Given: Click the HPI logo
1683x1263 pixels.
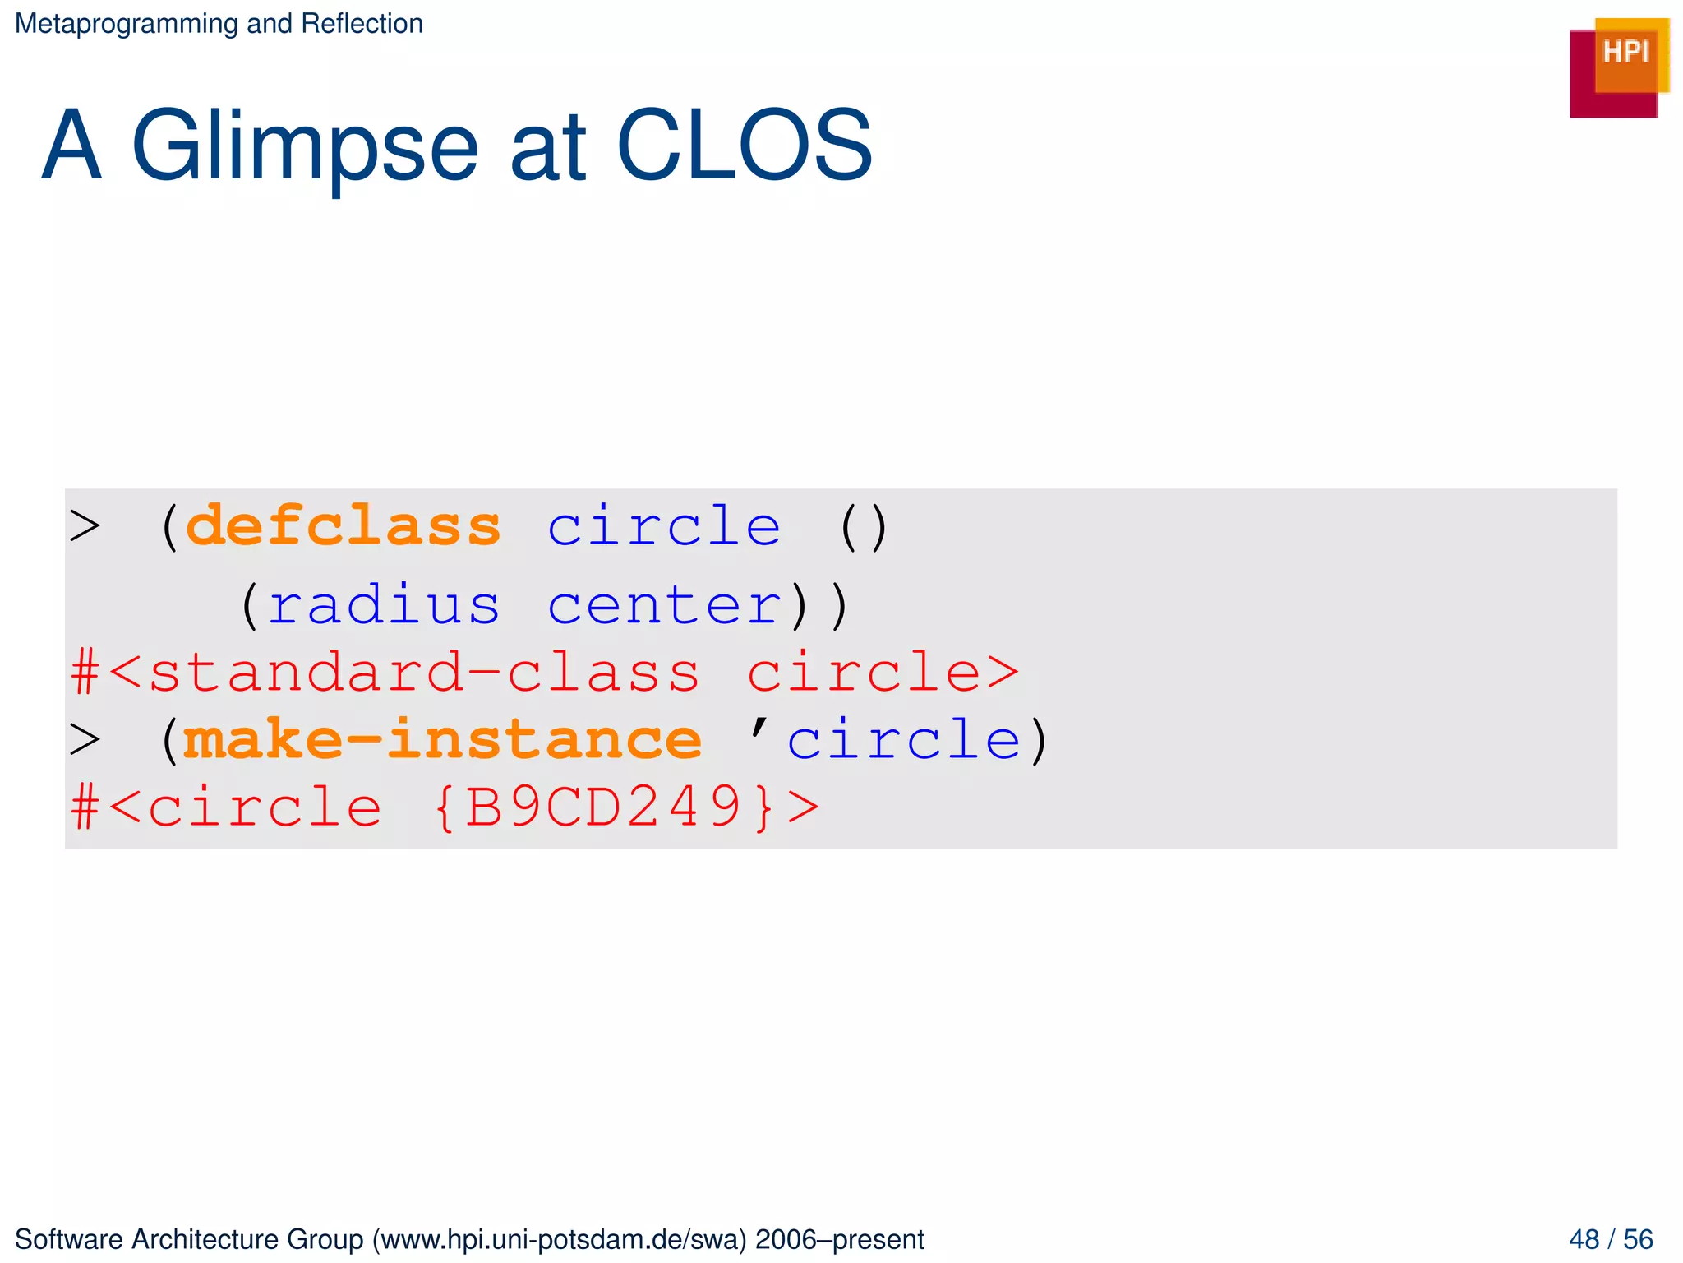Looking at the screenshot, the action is tap(1618, 67).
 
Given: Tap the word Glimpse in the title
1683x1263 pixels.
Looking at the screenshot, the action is tap(304, 146).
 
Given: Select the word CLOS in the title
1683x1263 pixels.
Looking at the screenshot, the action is tap(744, 146).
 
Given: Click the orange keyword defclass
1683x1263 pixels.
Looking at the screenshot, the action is tap(344, 527).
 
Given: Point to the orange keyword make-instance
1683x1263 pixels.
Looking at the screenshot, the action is tap(442, 740).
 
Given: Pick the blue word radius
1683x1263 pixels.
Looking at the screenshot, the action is tap(384, 606).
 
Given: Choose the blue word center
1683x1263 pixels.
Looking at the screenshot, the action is tap(664, 606).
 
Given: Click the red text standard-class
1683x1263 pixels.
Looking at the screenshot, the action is tap(424, 673).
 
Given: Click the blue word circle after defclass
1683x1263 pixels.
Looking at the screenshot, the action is tap(664, 527).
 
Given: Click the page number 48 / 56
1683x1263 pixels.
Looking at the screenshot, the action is tap(1611, 1239).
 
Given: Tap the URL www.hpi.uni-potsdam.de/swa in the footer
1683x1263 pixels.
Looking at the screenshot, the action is tap(559, 1239).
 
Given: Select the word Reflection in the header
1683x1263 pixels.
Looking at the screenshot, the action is tap(362, 24).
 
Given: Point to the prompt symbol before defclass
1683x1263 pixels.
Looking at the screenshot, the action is tap(85, 527).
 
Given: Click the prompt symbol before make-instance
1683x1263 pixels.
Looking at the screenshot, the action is tap(85, 740).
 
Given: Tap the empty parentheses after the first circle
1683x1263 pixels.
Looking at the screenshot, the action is tap(864, 527).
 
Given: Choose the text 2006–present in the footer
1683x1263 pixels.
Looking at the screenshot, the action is tap(840, 1239).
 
